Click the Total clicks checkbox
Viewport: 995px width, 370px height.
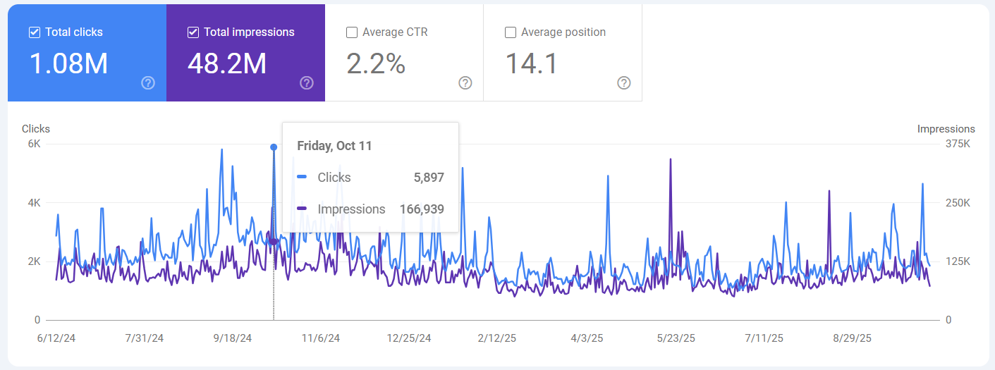tap(35, 32)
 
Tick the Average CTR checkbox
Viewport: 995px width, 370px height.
tap(352, 32)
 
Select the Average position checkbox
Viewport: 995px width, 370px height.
tap(511, 32)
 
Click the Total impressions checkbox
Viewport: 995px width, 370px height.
tap(193, 32)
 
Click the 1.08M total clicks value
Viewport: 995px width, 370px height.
tap(68, 63)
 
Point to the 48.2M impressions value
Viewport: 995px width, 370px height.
tap(227, 63)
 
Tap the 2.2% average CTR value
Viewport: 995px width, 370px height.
tap(376, 63)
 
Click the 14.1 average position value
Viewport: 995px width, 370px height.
tap(531, 63)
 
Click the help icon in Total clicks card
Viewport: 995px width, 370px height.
tap(148, 83)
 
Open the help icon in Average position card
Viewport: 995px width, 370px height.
tap(624, 83)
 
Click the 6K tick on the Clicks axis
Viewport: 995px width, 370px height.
tap(34, 144)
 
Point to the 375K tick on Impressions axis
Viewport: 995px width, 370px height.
tap(958, 144)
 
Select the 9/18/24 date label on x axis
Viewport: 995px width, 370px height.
tap(233, 338)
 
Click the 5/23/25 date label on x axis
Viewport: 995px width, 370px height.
tap(676, 338)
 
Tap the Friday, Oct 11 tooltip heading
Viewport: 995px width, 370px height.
tap(334, 146)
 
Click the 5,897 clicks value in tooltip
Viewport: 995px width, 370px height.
tap(429, 178)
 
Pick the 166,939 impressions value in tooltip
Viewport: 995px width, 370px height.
tap(422, 209)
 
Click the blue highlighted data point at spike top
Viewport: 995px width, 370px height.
tap(274, 147)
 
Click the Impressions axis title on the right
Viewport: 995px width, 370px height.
tap(946, 129)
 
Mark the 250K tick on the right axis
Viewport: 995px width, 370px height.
tap(958, 203)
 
